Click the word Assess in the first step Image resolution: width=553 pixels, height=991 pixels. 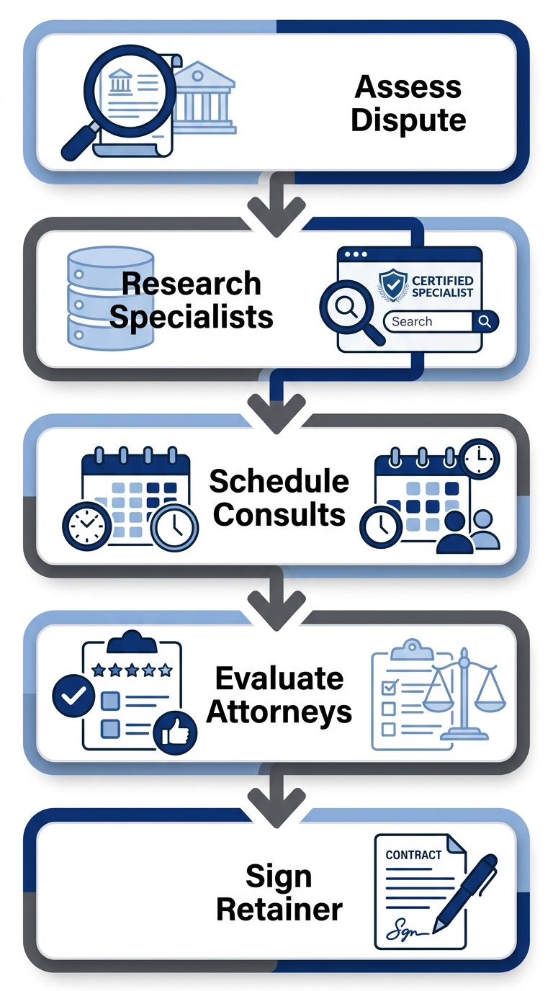pos(408,87)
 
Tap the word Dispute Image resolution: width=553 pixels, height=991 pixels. pos(408,120)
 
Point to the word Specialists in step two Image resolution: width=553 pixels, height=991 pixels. pos(192,316)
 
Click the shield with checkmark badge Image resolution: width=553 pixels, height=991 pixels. pos(392,285)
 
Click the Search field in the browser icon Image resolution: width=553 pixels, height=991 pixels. pos(428,321)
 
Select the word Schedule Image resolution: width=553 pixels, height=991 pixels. pos(279,481)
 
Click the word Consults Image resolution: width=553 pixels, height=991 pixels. pos(279,514)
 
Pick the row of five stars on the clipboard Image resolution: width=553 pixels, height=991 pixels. pos(132,670)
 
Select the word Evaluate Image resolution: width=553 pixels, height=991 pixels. pos(279,678)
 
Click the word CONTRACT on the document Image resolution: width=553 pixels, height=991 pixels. pos(413,855)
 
